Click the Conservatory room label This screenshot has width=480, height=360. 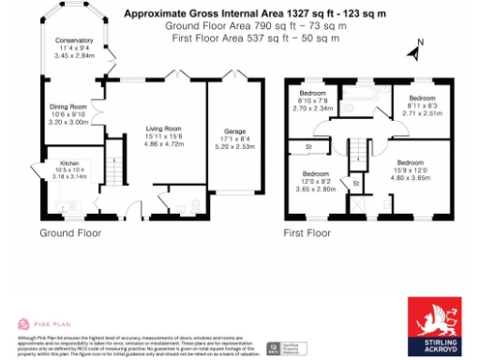pyautogui.click(x=73, y=41)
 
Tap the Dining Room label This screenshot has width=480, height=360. pyautogui.click(x=67, y=107)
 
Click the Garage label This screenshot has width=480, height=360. pyautogui.click(x=234, y=131)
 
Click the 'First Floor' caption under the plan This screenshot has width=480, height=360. pyautogui.click(x=307, y=232)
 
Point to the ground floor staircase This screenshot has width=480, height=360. pyautogui.click(x=116, y=168)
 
